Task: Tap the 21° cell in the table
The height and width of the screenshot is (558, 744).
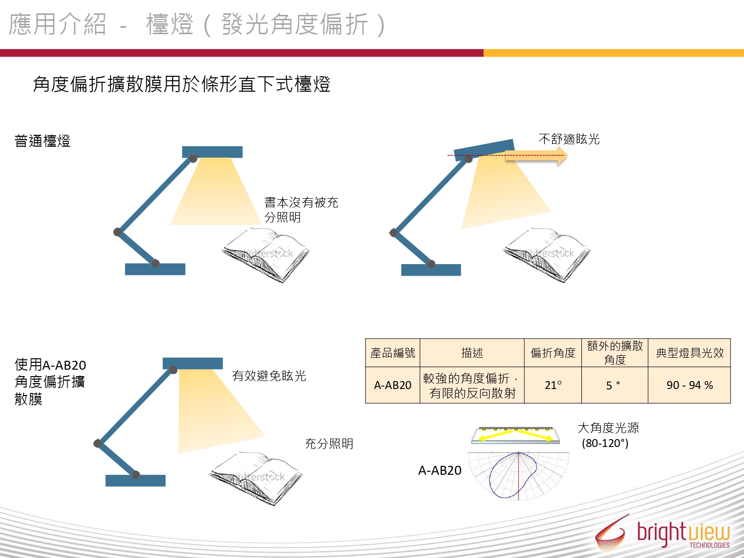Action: pyautogui.click(x=553, y=385)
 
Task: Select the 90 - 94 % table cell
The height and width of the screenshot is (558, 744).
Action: pyautogui.click(x=689, y=385)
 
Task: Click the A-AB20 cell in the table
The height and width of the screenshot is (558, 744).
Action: pyautogui.click(x=392, y=385)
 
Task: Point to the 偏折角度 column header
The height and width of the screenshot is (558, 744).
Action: pyautogui.click(x=553, y=353)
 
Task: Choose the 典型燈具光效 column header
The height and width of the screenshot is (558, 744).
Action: pyautogui.click(x=689, y=353)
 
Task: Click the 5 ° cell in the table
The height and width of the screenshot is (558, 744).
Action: pyautogui.click(x=615, y=385)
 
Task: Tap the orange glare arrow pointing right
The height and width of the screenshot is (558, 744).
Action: pyautogui.click(x=536, y=156)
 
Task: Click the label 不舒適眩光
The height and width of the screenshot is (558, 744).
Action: pyautogui.click(x=569, y=139)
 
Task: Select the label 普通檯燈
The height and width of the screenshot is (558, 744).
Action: pyautogui.click(x=42, y=141)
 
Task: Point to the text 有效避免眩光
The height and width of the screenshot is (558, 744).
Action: pyautogui.click(x=269, y=376)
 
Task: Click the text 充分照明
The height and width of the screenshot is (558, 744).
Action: pyautogui.click(x=329, y=444)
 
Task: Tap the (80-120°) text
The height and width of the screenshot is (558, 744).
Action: pyautogui.click(x=605, y=443)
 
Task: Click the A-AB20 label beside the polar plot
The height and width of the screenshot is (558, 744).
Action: pyautogui.click(x=439, y=470)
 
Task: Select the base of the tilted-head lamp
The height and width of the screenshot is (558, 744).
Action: pyautogui.click(x=431, y=270)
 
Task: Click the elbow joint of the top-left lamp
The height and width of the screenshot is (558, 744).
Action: pyautogui.click(x=118, y=232)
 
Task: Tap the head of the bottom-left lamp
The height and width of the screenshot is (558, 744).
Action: pyautogui.click(x=192, y=363)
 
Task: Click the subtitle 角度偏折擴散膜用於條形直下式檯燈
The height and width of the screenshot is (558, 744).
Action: pyautogui.click(x=182, y=84)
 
